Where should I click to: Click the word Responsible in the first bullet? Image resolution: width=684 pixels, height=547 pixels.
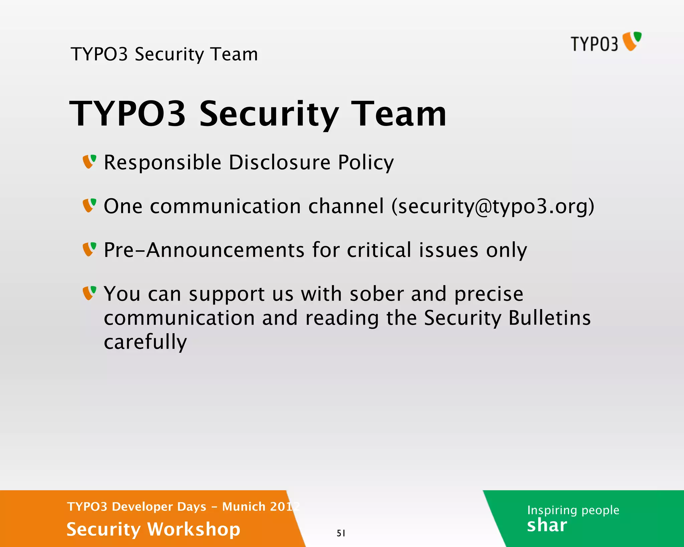coord(162,163)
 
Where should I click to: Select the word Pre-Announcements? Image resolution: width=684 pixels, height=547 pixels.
coord(204,250)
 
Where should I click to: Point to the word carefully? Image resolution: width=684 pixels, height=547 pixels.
coord(145,342)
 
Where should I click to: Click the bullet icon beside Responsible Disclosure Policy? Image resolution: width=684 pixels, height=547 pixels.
coord(90,162)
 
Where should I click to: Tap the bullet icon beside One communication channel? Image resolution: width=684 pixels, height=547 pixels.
coord(90,205)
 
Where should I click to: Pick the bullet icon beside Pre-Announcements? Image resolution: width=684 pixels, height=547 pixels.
coord(90,249)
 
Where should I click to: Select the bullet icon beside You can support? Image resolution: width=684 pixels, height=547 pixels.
coord(90,293)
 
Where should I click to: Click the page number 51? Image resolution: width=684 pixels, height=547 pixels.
coord(341,533)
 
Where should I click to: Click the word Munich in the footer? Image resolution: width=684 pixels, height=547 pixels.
coord(244,507)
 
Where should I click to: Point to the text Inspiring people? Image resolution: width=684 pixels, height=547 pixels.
coord(573,510)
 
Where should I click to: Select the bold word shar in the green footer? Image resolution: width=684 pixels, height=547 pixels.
coord(547,525)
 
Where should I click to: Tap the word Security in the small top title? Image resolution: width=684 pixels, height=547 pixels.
coord(169,54)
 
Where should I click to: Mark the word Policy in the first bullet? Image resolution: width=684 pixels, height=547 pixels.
coord(365,163)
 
